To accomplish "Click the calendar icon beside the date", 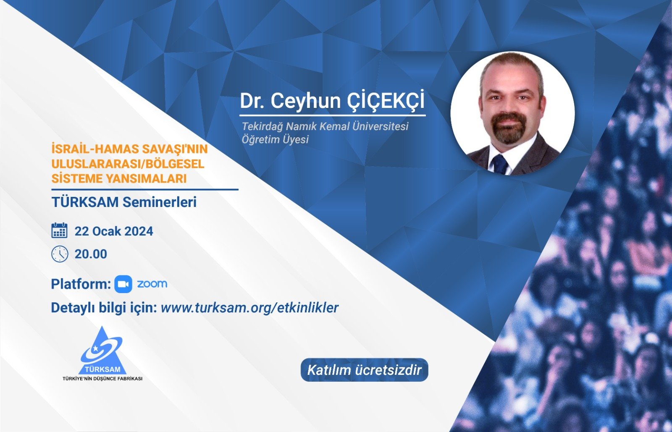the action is pyautogui.click(x=59, y=230).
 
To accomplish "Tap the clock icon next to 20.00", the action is pyautogui.click(x=60, y=254).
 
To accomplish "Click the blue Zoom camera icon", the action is pyautogui.click(x=123, y=284).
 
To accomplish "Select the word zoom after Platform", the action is pyautogui.click(x=152, y=284).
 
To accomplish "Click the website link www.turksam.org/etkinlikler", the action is pyautogui.click(x=250, y=308).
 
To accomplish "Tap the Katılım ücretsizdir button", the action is pyautogui.click(x=365, y=370).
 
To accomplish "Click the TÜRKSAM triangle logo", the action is pyautogui.click(x=102, y=351).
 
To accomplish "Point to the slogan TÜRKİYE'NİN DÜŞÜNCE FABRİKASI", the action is pyautogui.click(x=102, y=379).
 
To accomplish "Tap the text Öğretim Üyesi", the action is pyautogui.click(x=275, y=139).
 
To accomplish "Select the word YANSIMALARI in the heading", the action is pyautogui.click(x=146, y=179).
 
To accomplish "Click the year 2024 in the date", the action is pyautogui.click(x=139, y=231).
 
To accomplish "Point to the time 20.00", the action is pyautogui.click(x=91, y=254).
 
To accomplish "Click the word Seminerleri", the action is pyautogui.click(x=160, y=202).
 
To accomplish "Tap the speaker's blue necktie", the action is pyautogui.click(x=500, y=165).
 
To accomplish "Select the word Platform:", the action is pyautogui.click(x=81, y=284).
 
